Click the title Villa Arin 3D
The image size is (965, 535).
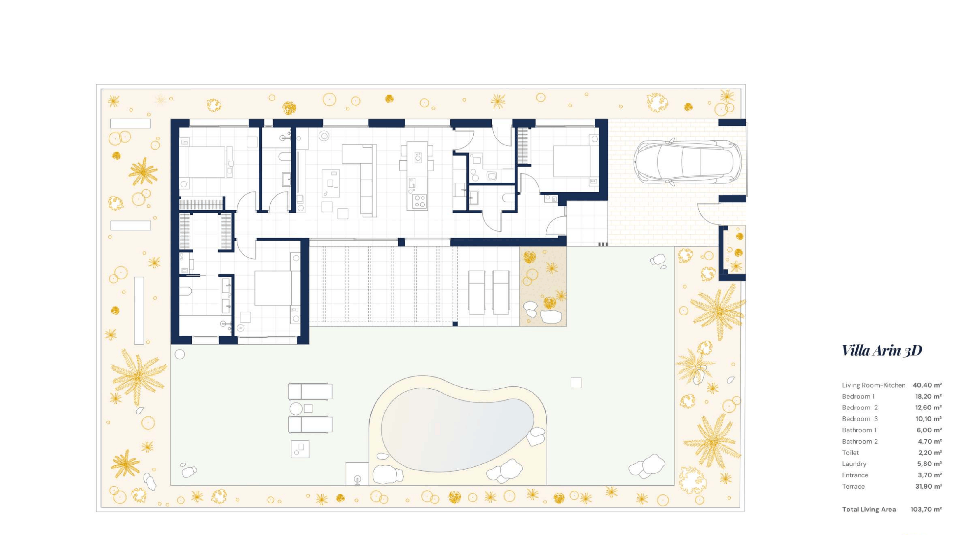point(882,350)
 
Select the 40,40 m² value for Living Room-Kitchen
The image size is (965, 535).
point(927,385)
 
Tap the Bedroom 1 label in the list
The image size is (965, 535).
point(858,396)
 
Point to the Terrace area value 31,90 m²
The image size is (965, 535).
point(929,486)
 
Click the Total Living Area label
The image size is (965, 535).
point(869,509)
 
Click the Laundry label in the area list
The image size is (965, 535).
point(854,464)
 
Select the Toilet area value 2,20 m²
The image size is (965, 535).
point(930,453)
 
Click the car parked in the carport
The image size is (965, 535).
point(687,162)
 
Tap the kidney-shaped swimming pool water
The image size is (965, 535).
point(457,429)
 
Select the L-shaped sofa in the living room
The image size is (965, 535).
point(360,180)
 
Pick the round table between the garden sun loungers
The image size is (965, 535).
point(296,408)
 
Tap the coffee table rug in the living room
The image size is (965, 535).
point(331,183)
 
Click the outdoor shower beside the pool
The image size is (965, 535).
point(357,474)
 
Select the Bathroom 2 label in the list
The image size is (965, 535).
point(860,441)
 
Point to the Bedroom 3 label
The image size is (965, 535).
point(860,419)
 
